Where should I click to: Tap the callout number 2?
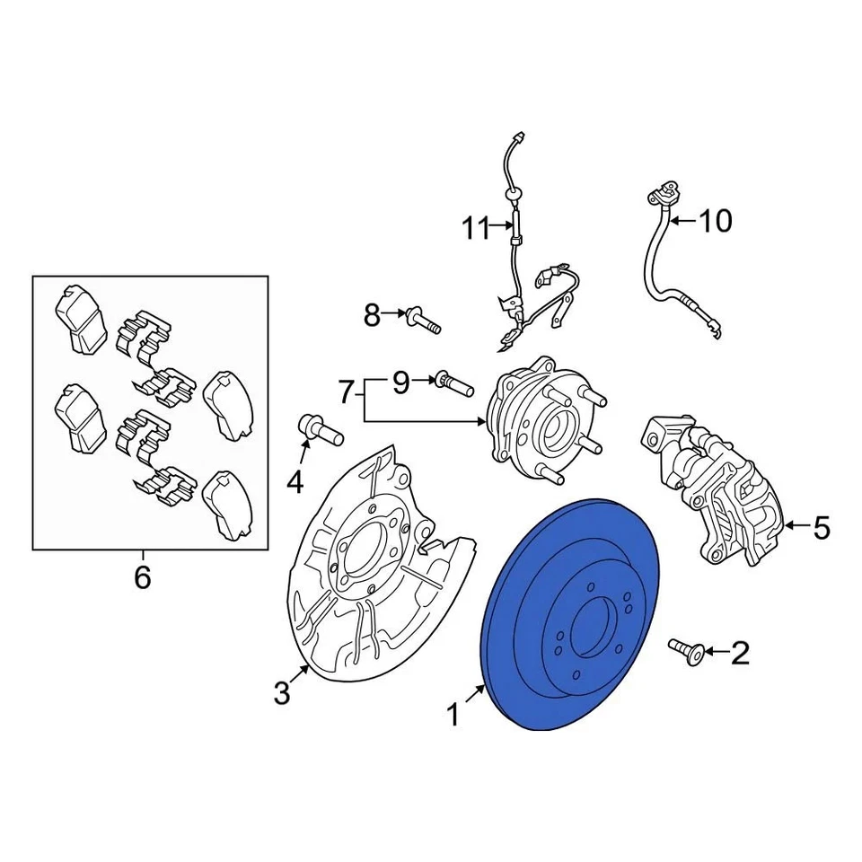[x=739, y=653]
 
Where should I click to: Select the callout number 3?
[x=282, y=692]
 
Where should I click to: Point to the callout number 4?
[x=295, y=484]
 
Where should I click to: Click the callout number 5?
[x=822, y=529]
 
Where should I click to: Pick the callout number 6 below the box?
[x=143, y=577]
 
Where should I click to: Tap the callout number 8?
[x=372, y=315]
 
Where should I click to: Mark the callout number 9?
[x=400, y=383]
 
